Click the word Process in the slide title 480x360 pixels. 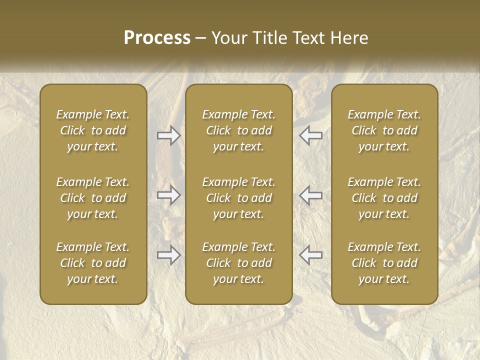tap(157, 38)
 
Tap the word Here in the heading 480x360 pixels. tap(349, 38)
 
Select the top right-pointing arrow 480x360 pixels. tap(168, 135)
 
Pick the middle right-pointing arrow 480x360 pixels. tap(168, 195)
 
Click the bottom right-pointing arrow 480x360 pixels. tap(168, 255)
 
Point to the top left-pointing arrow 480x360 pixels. tap(311, 135)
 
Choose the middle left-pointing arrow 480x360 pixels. tap(311, 195)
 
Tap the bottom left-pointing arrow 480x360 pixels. tap(311, 255)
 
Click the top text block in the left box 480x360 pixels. tap(93, 130)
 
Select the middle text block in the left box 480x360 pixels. tap(93, 198)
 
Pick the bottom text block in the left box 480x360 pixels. tap(93, 263)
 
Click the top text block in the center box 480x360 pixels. tap(239, 130)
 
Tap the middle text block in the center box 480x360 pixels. tap(239, 198)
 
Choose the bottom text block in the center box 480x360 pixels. tap(239, 263)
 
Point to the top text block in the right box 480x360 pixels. tap(384, 130)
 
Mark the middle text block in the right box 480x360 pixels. tap(384, 198)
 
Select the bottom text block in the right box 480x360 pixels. tap(384, 263)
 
